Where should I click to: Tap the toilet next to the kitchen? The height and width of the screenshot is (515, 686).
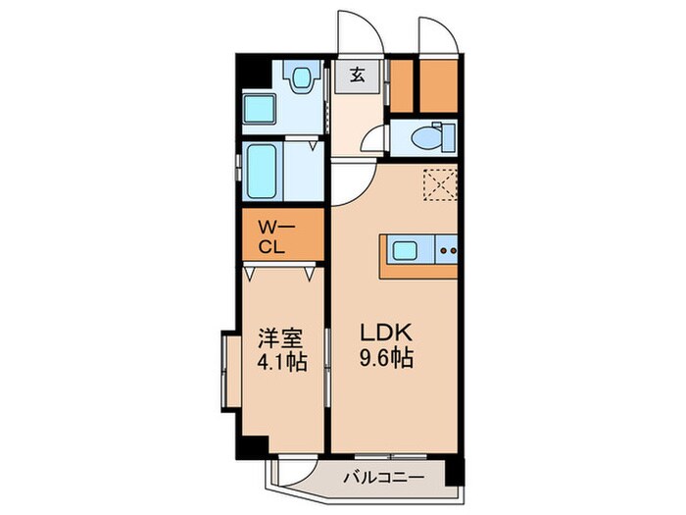click(x=427, y=137)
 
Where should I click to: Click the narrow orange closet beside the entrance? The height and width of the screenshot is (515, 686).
click(x=400, y=86)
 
